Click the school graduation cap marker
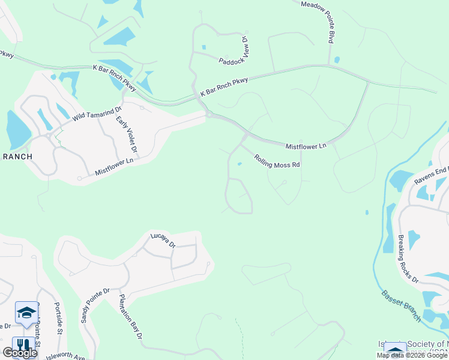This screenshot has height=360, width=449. tap(26, 313)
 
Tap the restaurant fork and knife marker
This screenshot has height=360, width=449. tap(22, 346)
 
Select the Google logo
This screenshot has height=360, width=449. tap(20, 353)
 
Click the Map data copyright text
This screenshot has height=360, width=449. tap(412, 355)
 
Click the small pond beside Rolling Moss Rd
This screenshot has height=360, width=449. tap(240, 164)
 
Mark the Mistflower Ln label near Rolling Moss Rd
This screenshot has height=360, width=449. tap(306, 146)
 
